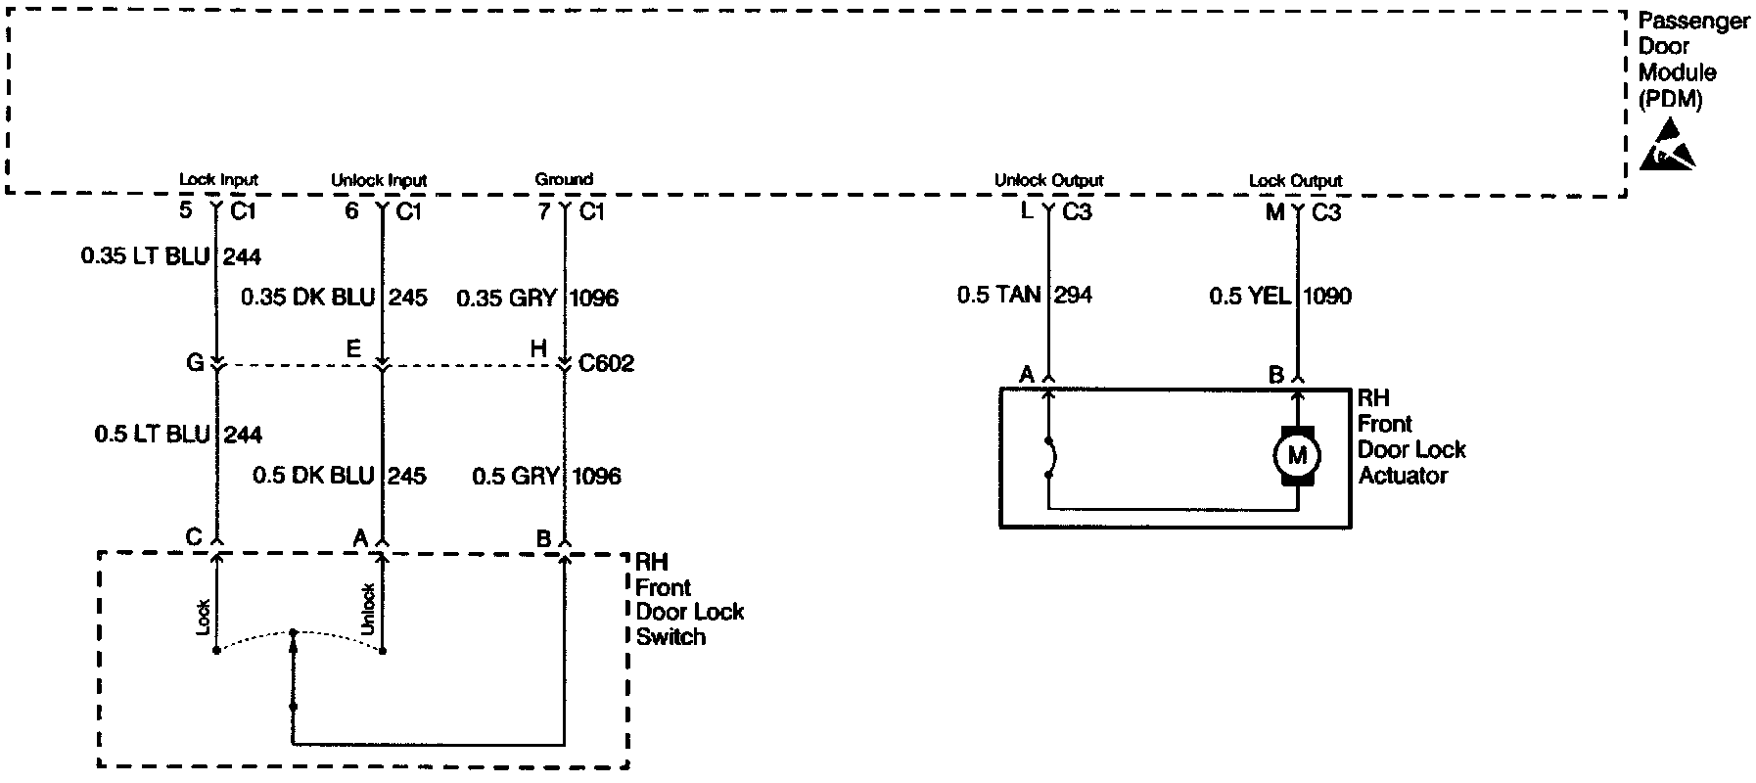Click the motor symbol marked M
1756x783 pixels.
[1296, 454]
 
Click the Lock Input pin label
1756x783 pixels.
[218, 180]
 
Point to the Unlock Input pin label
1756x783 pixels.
[379, 180]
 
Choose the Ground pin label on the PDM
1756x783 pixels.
[564, 179]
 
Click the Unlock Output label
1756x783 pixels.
[1048, 180]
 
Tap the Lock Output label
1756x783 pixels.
[1295, 180]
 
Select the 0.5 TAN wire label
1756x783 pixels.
[998, 295]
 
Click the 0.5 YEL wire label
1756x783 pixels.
[1250, 296]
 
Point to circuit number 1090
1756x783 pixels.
[1327, 296]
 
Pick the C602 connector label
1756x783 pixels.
[607, 364]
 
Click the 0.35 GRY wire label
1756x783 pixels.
[507, 298]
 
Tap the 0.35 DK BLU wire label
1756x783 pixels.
[308, 297]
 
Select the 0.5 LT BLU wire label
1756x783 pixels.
[153, 434]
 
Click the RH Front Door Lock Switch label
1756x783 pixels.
[689, 599]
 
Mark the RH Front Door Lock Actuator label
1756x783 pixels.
[1411, 437]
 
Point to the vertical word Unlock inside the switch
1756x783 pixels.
[368, 609]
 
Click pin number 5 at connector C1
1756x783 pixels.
[186, 210]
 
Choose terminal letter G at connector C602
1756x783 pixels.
[194, 364]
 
